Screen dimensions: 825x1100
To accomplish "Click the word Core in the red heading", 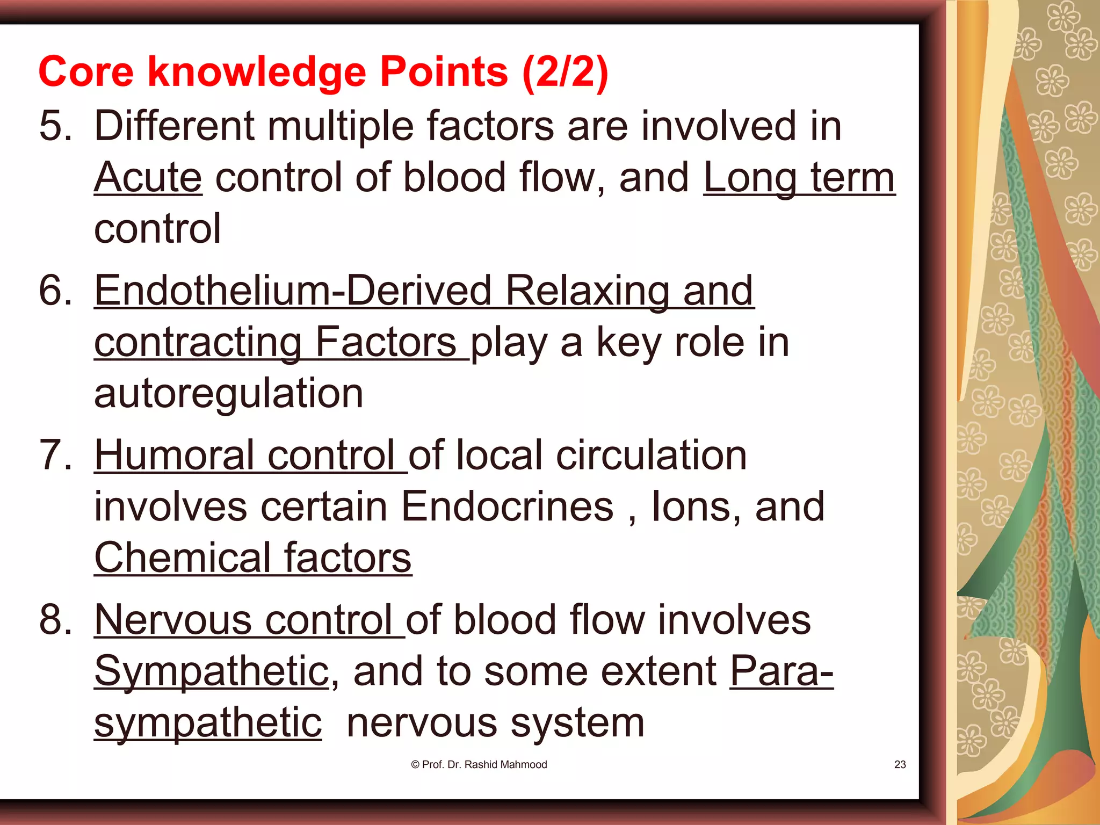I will (x=86, y=72).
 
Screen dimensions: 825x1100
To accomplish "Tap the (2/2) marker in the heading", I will (x=565, y=72).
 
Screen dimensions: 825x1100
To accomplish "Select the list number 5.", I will (x=55, y=126).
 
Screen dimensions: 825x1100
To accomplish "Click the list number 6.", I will (x=55, y=291).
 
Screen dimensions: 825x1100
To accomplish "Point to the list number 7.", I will (x=55, y=455).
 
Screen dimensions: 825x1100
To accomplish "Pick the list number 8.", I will (x=55, y=620).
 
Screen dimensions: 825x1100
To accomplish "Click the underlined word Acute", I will (x=148, y=177).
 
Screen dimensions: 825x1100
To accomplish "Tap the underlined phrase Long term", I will (x=799, y=177).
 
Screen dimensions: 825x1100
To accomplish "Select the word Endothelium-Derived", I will (x=293, y=291).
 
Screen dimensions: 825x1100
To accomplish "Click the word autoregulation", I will (x=229, y=393).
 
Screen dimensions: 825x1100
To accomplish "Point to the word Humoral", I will (x=174, y=455).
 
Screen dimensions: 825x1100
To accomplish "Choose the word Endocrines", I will (x=507, y=506).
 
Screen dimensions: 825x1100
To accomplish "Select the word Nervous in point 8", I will (x=173, y=620).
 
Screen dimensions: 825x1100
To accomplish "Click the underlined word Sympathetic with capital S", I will (x=212, y=671).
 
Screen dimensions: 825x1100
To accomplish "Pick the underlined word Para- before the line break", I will (x=781, y=671).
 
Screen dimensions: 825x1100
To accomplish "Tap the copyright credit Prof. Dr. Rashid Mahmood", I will (x=479, y=764).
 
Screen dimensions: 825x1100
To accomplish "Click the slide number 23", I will (x=900, y=764).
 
